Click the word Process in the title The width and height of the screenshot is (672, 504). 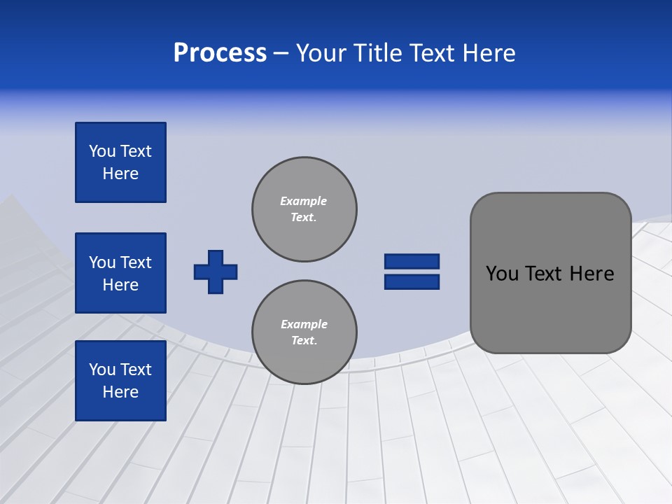coord(220,53)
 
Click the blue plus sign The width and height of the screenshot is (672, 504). coord(216,272)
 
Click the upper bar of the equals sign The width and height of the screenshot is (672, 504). coord(412,262)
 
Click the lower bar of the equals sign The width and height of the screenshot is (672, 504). coord(412,281)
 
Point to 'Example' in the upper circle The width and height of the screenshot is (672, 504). coord(304,201)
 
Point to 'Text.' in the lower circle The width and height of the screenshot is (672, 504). coord(304,341)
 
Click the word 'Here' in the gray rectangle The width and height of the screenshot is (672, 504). coord(591,274)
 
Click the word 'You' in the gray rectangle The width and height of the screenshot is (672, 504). coord(502,274)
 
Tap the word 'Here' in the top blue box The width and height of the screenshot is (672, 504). coord(120,174)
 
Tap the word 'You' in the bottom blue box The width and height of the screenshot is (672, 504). coord(102,370)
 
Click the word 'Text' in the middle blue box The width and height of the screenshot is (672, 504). coord(136,262)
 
